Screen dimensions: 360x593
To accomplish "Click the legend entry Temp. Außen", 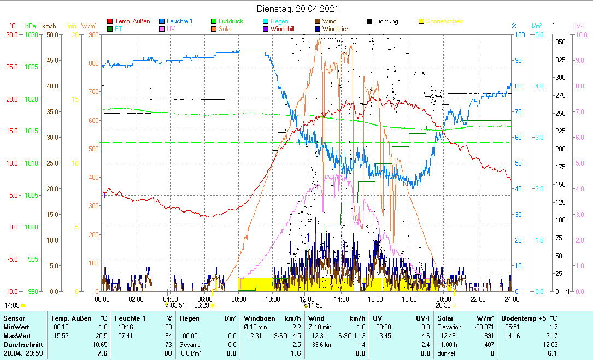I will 132,21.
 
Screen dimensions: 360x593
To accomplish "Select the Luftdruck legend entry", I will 231,21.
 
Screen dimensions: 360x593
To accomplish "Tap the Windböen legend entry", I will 336,29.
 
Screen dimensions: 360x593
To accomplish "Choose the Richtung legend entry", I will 386,21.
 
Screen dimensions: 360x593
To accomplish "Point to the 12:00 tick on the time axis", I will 307,299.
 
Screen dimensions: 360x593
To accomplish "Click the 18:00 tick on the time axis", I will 409,299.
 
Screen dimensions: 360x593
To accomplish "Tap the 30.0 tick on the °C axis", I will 12,34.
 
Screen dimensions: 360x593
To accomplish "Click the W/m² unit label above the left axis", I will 89,26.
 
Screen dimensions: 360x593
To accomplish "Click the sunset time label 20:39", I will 443,305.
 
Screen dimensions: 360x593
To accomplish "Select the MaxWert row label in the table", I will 17,335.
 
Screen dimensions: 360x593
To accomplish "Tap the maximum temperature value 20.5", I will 100,335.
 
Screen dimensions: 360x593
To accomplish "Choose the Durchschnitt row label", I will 20,344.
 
